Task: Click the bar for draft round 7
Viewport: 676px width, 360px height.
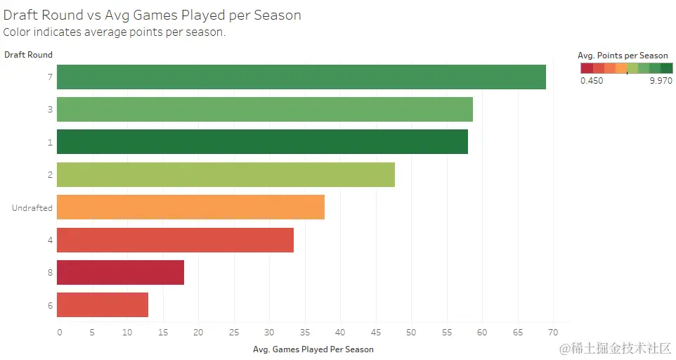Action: point(301,77)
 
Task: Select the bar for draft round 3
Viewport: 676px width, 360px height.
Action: point(264,109)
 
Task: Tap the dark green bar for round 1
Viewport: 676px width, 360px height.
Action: point(262,141)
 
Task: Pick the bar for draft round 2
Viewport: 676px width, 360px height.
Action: point(226,174)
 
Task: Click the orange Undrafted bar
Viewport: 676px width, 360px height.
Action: point(190,207)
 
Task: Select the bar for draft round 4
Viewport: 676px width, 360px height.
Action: point(175,240)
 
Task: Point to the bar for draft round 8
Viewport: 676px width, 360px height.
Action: point(120,272)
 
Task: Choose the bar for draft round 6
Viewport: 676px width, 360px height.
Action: point(103,304)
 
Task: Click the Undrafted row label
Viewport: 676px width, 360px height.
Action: point(32,207)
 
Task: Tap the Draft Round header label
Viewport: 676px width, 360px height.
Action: point(28,54)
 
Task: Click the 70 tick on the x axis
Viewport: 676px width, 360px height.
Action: point(552,332)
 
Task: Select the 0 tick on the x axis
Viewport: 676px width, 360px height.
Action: point(60,332)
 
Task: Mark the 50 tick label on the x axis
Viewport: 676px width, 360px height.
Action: point(410,332)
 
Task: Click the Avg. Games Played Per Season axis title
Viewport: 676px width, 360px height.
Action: point(313,349)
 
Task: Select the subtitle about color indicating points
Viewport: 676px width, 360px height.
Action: point(115,32)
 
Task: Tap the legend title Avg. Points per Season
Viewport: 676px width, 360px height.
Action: point(623,56)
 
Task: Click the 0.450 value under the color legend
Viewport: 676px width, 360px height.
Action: point(592,81)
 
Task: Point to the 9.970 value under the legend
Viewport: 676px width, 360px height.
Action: point(661,81)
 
